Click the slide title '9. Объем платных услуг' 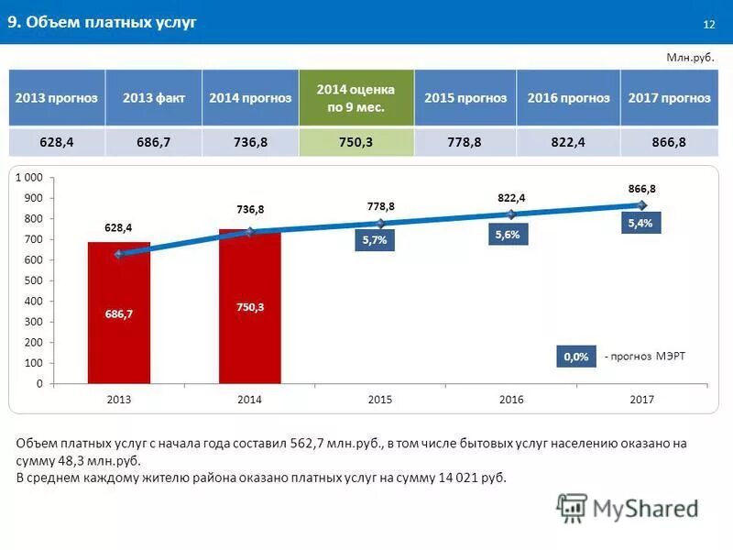[x=103, y=23]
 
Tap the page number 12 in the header [x=708, y=24]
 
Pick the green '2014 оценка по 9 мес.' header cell [x=356, y=98]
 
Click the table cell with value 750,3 [x=356, y=142]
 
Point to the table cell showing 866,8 [x=670, y=142]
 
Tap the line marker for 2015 [x=380, y=223]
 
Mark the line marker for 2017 [x=642, y=204]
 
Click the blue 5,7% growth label [x=375, y=240]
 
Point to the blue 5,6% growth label [x=507, y=235]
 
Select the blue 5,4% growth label [x=640, y=223]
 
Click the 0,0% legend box [x=575, y=356]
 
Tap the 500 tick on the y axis [x=33, y=280]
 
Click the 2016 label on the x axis [x=511, y=400]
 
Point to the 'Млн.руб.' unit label [x=688, y=57]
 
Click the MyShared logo [x=628, y=507]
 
